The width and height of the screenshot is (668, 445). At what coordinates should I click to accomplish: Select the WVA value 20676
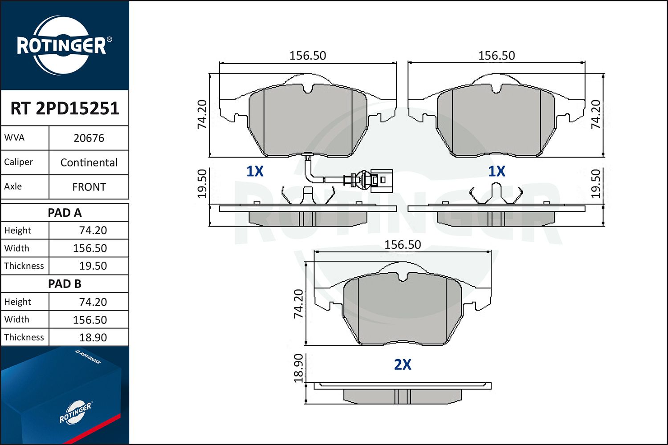click(89, 138)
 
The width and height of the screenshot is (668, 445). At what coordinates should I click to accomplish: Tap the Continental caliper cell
click(89, 162)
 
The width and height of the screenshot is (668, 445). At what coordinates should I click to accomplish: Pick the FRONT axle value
click(89, 187)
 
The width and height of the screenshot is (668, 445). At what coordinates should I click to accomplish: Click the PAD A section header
click(65, 213)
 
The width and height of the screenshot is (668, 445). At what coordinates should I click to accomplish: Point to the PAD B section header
click(65, 284)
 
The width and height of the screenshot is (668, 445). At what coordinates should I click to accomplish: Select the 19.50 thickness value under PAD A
click(93, 266)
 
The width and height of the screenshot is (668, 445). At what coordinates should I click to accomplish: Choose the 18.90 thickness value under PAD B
click(93, 337)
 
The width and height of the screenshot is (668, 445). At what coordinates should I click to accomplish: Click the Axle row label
click(13, 186)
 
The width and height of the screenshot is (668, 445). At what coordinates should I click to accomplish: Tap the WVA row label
click(14, 138)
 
